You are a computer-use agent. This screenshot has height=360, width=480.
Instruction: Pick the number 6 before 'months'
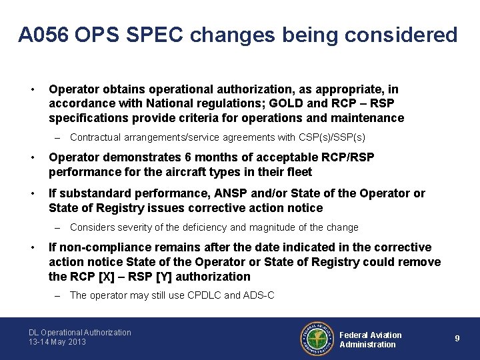189,157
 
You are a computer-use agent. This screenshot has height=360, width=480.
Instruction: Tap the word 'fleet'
298,172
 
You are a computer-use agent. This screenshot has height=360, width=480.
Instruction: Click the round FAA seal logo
316,339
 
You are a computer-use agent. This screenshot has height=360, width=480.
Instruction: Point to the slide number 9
457,339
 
